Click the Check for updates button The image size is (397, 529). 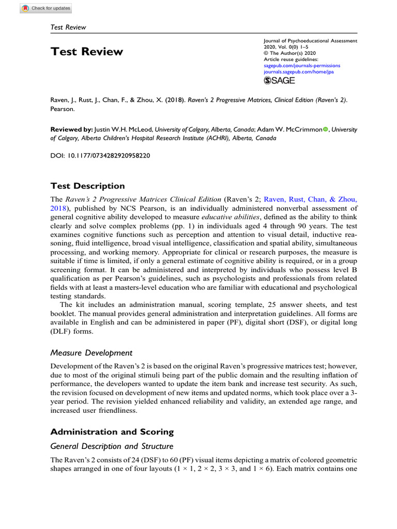47,8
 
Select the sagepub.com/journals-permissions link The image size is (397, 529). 302,66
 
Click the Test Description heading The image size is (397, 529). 87,186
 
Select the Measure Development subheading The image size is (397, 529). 91,353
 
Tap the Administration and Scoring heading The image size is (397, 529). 112,431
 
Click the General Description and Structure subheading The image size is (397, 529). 112,446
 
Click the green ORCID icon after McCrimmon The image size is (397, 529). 326,130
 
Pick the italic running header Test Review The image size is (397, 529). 68,27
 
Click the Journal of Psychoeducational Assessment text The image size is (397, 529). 310,41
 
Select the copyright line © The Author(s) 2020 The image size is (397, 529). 290,53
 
